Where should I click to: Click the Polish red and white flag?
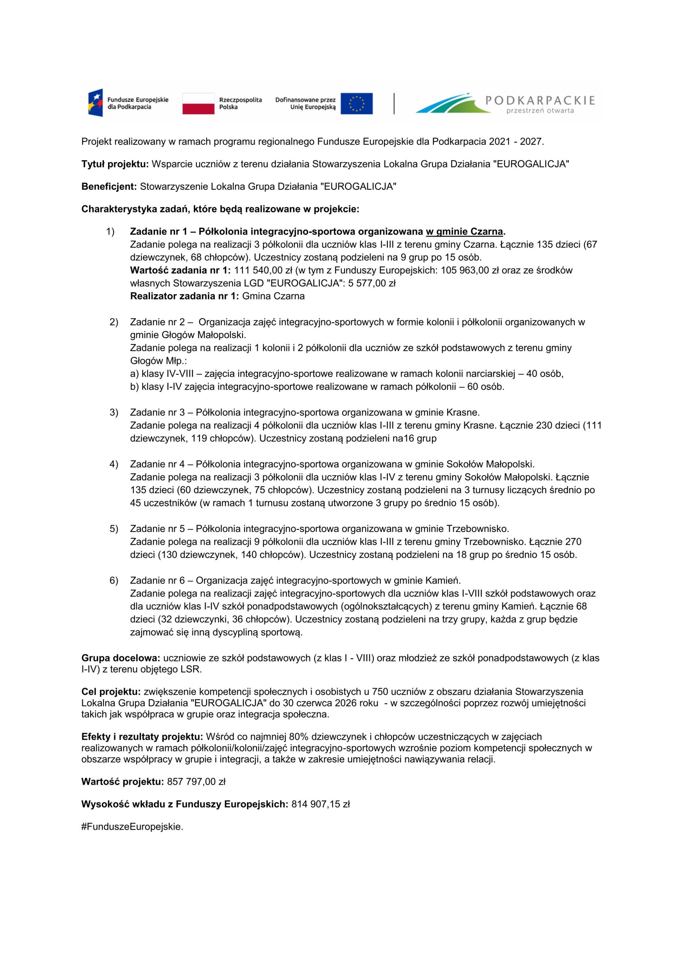[198, 103]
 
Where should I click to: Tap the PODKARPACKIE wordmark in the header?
[540, 100]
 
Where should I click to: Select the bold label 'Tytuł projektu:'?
[115, 164]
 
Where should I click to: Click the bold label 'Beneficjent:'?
[109, 186]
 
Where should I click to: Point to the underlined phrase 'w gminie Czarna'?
[465, 231]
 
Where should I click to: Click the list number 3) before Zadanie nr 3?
[114, 412]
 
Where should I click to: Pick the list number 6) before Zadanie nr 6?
[114, 580]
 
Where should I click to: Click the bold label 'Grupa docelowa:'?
[121, 658]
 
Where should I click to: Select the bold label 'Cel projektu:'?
[111, 692]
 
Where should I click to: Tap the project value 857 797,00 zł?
[196, 782]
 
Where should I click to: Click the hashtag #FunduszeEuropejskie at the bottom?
[131, 826]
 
